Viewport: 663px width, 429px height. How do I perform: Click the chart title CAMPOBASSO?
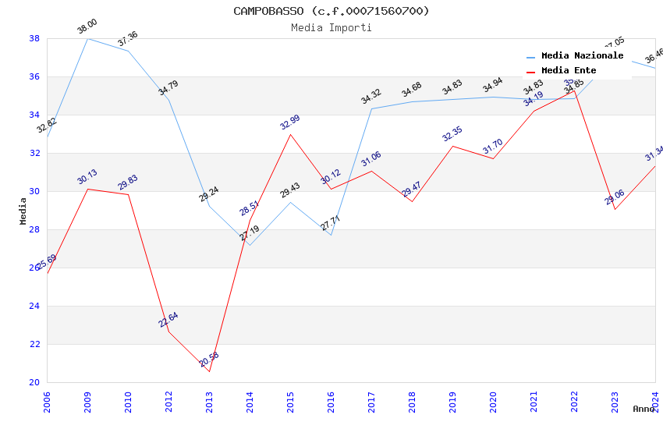tap(331, 11)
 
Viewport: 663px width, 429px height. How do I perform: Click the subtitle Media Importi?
tap(331, 27)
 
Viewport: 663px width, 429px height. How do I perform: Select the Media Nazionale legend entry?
tap(582, 56)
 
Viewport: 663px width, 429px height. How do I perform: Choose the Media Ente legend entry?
tap(569, 71)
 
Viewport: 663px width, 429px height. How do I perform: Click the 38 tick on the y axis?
tap(34, 38)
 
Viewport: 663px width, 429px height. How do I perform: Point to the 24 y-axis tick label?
tap(34, 306)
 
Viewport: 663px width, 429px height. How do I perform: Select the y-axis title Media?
tap(23, 211)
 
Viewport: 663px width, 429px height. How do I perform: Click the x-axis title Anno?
tap(643, 409)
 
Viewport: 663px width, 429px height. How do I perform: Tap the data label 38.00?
tap(87, 29)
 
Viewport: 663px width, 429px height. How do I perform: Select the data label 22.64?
tap(168, 320)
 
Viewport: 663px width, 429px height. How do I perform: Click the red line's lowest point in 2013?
tap(209, 371)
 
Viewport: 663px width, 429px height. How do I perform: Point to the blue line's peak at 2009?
tap(87, 38)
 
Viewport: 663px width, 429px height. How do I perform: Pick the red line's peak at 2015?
tap(290, 134)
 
